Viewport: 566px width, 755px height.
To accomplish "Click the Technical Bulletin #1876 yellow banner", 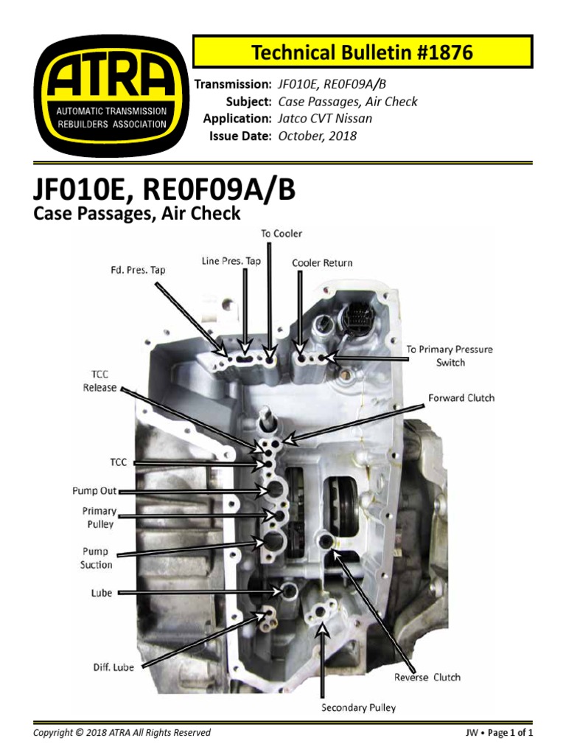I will (362, 52).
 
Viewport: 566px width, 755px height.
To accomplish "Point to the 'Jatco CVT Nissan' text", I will (324, 119).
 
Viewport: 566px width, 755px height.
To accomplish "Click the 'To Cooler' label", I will (282, 234).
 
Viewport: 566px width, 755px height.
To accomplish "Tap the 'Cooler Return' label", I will (322, 262).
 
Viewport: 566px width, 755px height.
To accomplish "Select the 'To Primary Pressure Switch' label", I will (450, 355).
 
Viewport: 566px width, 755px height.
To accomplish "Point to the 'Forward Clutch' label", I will (461, 398).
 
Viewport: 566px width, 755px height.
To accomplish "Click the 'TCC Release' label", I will (100, 380).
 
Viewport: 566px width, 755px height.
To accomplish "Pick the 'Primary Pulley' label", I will (99, 518).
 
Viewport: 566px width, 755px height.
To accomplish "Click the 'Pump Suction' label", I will (96, 558).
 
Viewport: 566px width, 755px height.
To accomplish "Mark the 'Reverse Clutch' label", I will (427, 678).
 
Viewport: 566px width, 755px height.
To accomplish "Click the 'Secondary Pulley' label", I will (358, 708).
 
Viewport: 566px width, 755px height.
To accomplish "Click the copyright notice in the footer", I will (122, 732).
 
